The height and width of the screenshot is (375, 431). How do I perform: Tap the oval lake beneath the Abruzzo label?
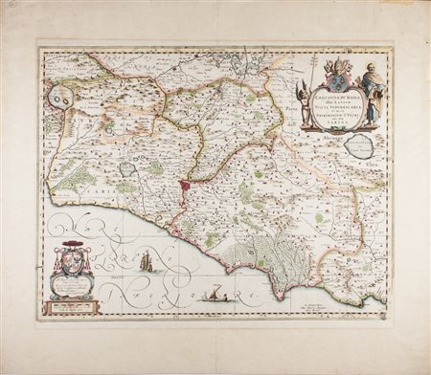coord(358,146)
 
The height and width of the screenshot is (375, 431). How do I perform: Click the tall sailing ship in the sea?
coord(146,260)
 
